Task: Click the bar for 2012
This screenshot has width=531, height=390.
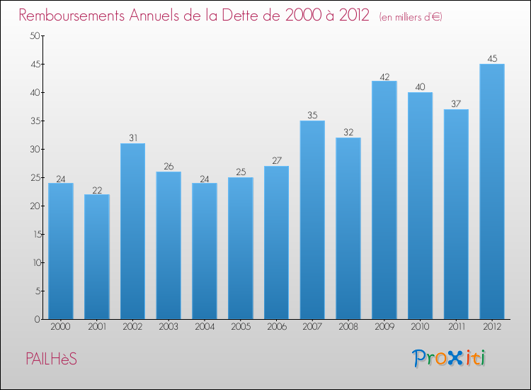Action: [491, 191]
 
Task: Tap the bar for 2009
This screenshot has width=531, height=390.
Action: [384, 200]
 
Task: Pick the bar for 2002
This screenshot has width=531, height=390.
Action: [132, 231]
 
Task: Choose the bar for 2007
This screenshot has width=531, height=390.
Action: [312, 220]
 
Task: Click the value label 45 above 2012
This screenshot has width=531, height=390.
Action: [491, 59]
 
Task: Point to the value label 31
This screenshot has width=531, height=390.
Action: [132, 138]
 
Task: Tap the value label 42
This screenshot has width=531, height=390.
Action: [384, 76]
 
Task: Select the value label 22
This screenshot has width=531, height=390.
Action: [96, 189]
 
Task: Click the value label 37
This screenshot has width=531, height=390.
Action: [456, 104]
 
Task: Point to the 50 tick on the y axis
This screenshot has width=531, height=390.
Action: [33, 36]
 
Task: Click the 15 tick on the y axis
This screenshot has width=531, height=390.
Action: [33, 234]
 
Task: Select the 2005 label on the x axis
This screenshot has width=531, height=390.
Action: [241, 328]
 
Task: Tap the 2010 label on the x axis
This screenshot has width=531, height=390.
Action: [420, 328]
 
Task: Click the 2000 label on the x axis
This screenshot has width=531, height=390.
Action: [61, 328]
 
